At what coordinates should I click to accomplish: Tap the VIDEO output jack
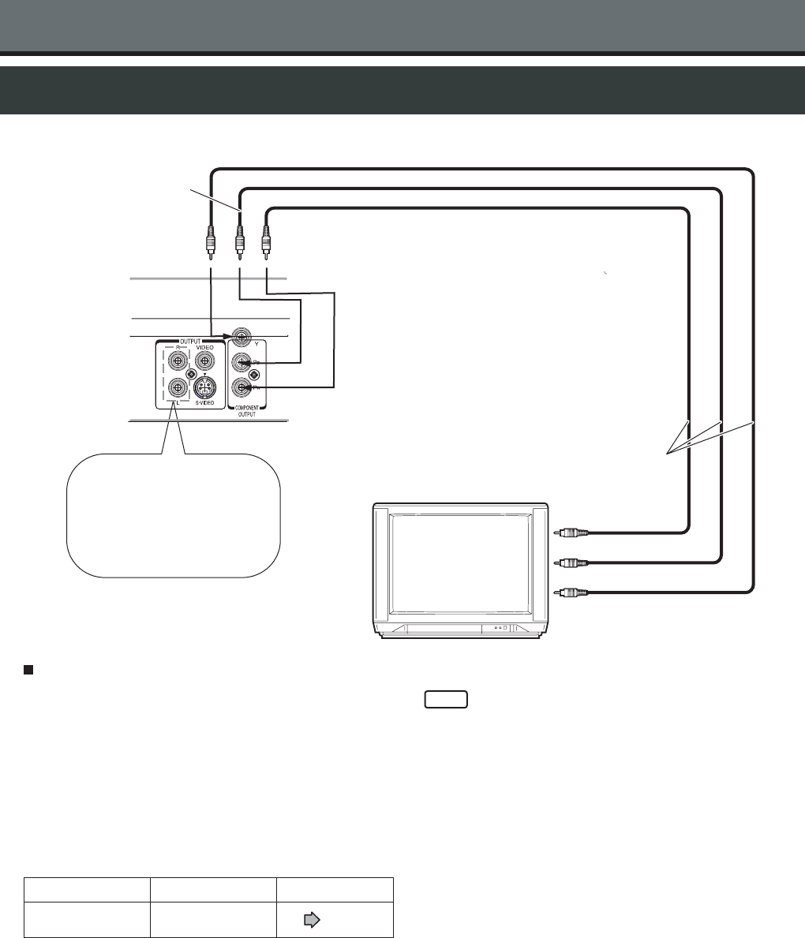(204, 361)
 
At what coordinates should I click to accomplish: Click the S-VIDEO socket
(205, 388)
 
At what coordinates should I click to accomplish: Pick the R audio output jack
(178, 361)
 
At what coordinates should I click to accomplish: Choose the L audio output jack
(178, 388)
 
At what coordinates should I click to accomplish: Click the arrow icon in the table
(311, 919)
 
